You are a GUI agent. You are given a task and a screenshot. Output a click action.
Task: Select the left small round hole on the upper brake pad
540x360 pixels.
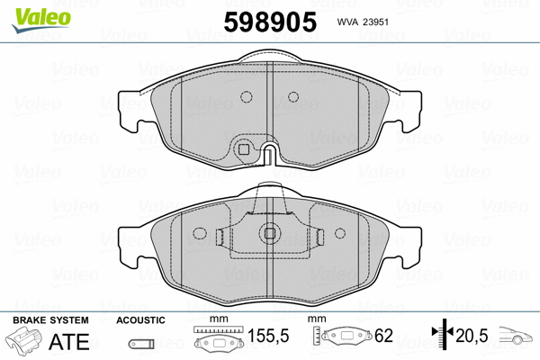point(245,99)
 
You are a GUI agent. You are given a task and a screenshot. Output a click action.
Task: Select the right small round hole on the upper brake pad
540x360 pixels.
point(292,99)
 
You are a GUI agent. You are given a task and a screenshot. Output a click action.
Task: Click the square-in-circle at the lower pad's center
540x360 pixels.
point(269,234)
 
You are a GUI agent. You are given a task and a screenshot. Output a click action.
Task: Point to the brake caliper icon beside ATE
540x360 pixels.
point(24,342)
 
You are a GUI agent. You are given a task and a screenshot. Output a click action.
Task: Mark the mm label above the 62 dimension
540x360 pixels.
point(315,320)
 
